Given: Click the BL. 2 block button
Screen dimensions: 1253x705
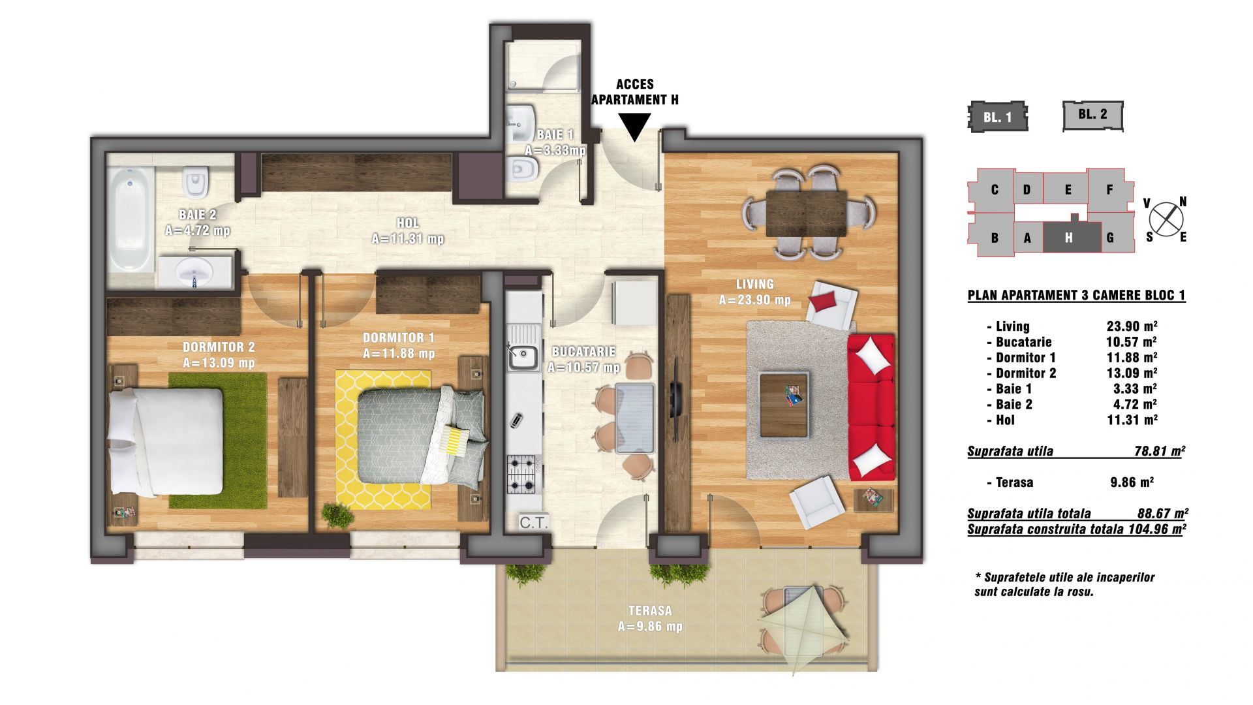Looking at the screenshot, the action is [x=1092, y=115].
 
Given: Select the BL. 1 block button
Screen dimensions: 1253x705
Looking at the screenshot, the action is [x=997, y=116].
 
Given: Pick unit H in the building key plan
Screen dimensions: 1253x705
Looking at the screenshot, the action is [x=1068, y=238].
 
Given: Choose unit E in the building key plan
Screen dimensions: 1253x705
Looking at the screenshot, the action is [x=1068, y=190].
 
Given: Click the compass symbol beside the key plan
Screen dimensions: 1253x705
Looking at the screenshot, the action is [x=1166, y=219].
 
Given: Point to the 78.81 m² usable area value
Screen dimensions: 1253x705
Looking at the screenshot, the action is [x=1160, y=451].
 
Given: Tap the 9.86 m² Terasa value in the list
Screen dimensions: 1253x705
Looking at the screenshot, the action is [x=1132, y=483].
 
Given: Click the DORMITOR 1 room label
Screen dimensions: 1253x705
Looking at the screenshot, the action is [x=398, y=338].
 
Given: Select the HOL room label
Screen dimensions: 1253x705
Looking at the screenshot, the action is [x=407, y=223].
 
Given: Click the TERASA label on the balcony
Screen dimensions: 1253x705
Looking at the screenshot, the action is [x=650, y=611].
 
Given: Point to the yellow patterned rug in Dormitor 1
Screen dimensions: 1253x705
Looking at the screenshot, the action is [x=383, y=441].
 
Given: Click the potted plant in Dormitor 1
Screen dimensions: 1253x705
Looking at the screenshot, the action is [x=337, y=515].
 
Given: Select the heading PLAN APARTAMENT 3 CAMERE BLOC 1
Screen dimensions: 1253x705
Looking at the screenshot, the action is [x=1076, y=296].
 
